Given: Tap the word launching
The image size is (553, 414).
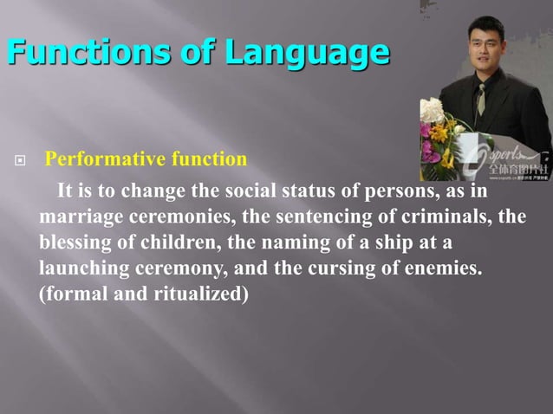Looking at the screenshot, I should coord(81,268).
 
